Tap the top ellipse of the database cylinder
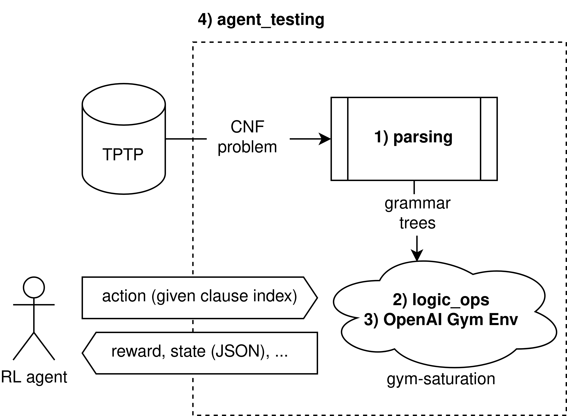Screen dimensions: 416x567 click(124, 104)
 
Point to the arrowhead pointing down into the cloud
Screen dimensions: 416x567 click(417, 256)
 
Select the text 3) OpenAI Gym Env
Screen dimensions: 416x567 click(441, 320)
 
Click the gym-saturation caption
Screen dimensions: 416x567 click(441, 379)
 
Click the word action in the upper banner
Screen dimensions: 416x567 click(124, 296)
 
